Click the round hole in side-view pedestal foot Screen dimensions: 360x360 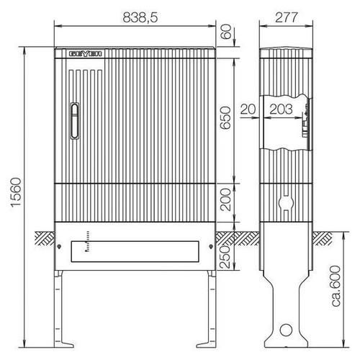(287, 331)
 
